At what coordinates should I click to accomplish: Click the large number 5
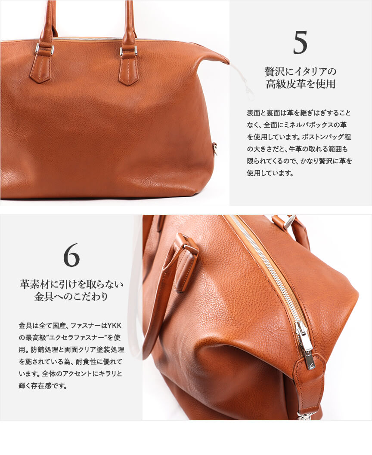click(301, 43)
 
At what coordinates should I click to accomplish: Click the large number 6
click(71, 255)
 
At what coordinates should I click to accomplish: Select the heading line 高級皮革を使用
click(301, 84)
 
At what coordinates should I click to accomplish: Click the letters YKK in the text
click(115, 326)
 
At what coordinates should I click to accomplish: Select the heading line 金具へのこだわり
click(71, 296)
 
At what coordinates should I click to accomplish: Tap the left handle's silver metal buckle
click(44, 49)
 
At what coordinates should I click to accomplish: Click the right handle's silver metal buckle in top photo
click(128, 51)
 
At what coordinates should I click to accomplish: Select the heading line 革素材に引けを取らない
click(71, 284)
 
